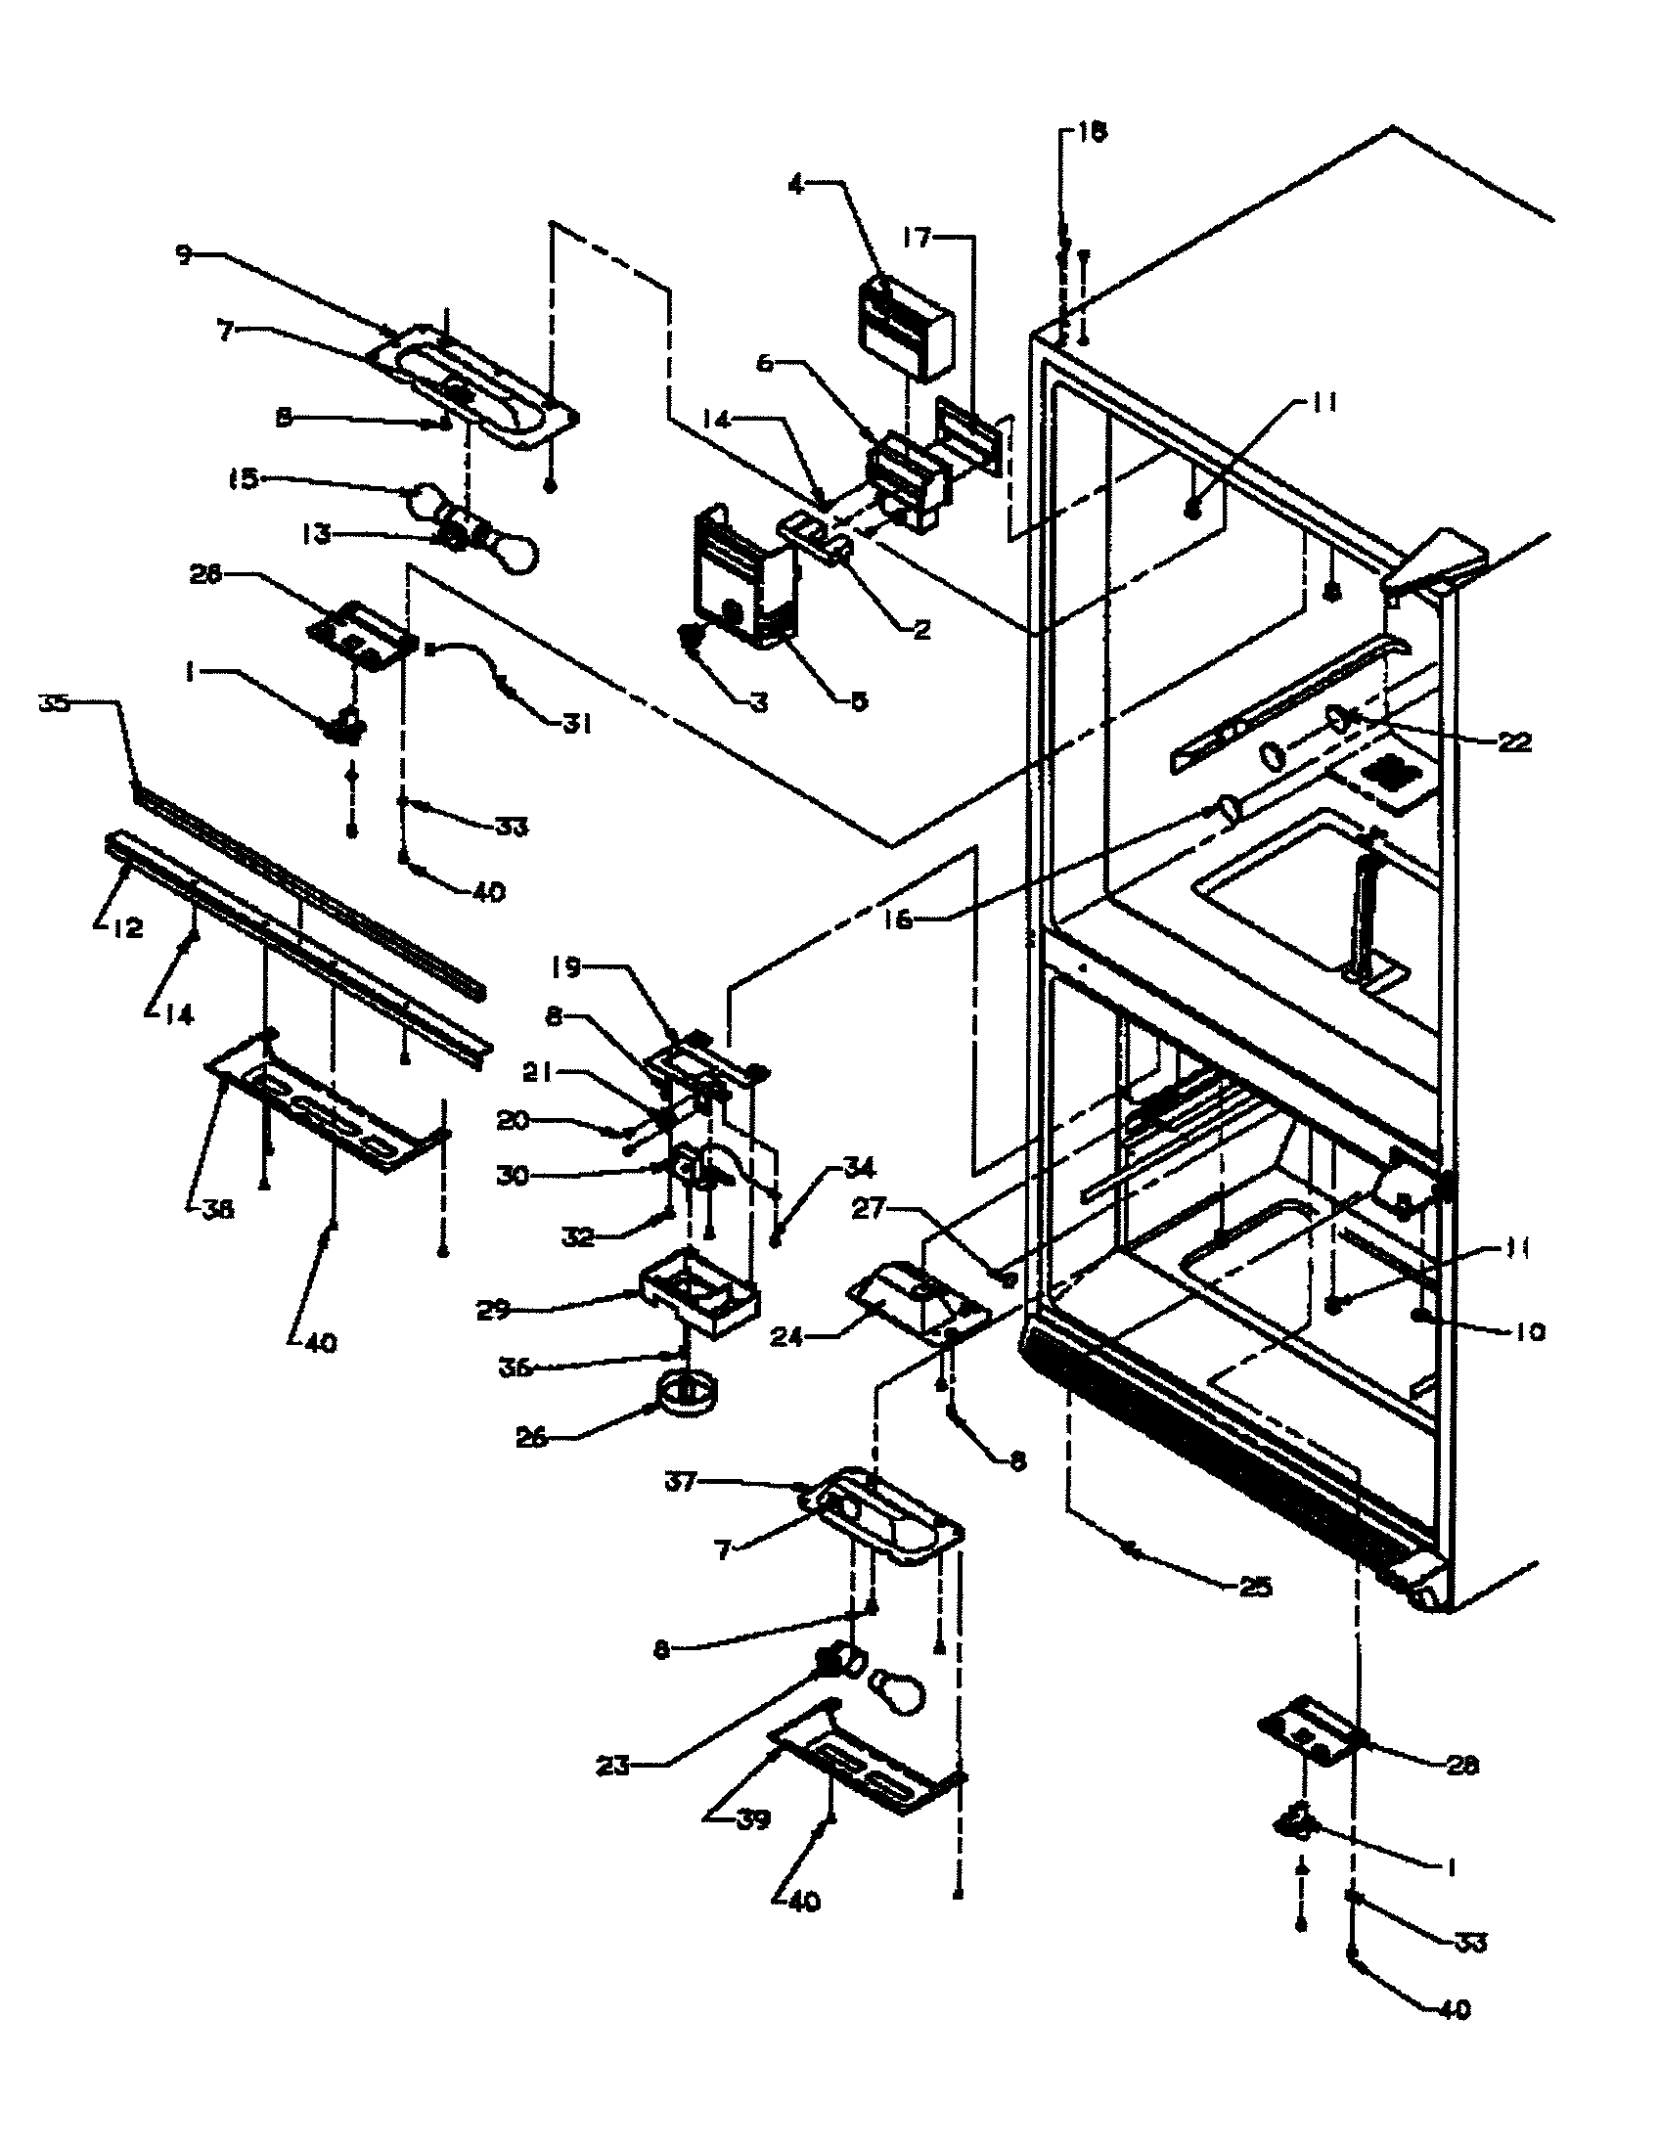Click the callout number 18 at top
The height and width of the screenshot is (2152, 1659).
point(1092,133)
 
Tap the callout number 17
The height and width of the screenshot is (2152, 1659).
point(918,238)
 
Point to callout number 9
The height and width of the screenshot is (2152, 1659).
point(184,255)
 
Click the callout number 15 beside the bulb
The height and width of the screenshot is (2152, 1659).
point(243,480)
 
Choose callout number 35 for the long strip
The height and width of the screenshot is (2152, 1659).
point(54,703)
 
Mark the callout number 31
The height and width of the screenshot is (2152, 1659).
point(577,724)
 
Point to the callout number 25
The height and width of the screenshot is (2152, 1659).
point(1254,1588)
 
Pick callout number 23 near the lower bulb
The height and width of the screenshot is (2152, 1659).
point(612,1767)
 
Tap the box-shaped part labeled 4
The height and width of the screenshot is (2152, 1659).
point(905,328)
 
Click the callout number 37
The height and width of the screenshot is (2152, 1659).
point(680,1481)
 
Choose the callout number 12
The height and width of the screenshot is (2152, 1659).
point(129,927)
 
